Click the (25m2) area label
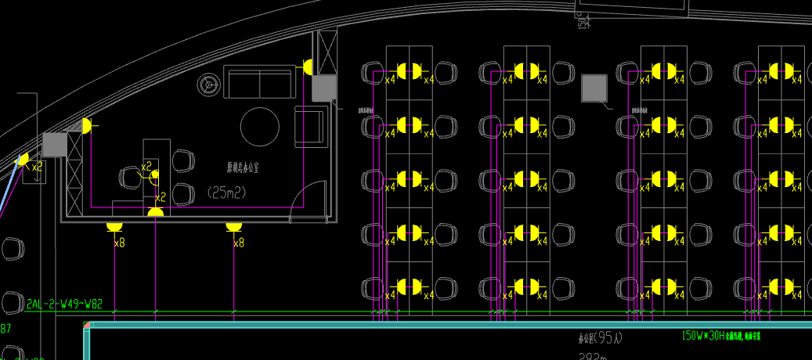point(233,191)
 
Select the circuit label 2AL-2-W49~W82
point(64,304)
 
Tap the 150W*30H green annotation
point(702,335)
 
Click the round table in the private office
point(259,127)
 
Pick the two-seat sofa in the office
point(258,82)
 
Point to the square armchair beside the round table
point(310,127)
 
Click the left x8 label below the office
point(119,243)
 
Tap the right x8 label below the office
point(239,243)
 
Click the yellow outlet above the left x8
point(114,226)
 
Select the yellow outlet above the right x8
point(233,226)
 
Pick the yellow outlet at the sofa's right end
point(308,67)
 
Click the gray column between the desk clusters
point(595,88)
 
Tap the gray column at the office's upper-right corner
point(324,88)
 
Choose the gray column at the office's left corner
point(55,145)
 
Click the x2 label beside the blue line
point(37,166)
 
